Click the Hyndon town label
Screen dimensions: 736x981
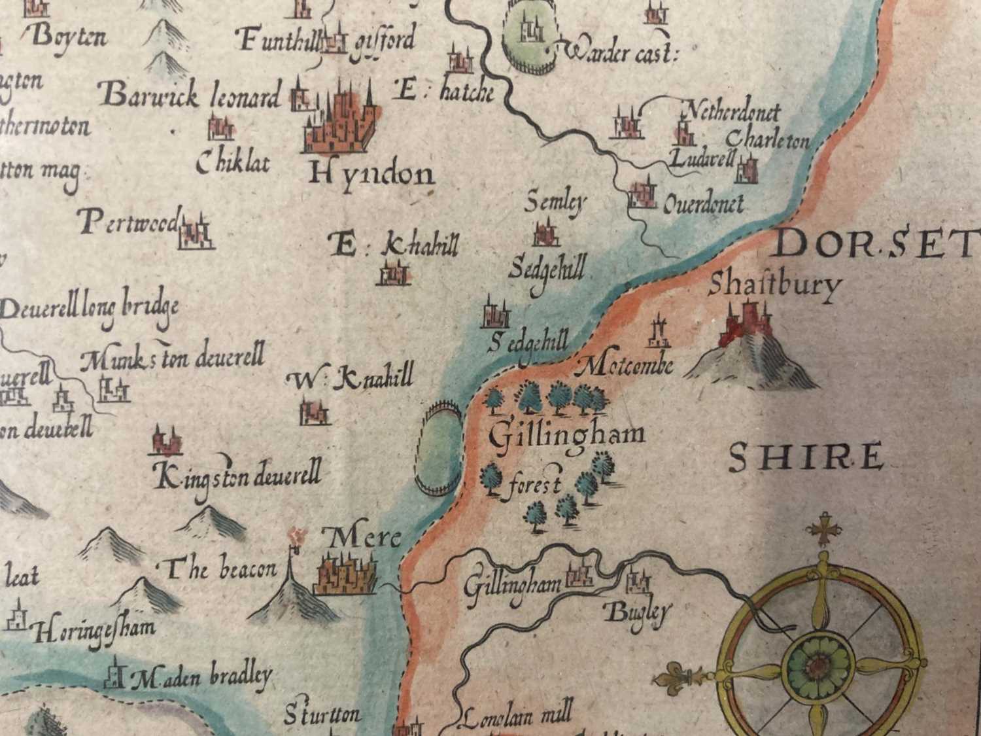[x=371, y=174]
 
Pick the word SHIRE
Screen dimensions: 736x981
[x=805, y=457]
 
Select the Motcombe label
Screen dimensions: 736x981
[x=627, y=365]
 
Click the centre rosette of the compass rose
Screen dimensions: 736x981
[x=818, y=665]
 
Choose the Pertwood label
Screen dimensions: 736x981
[x=128, y=224]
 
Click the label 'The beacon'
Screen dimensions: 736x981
[x=220, y=570]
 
